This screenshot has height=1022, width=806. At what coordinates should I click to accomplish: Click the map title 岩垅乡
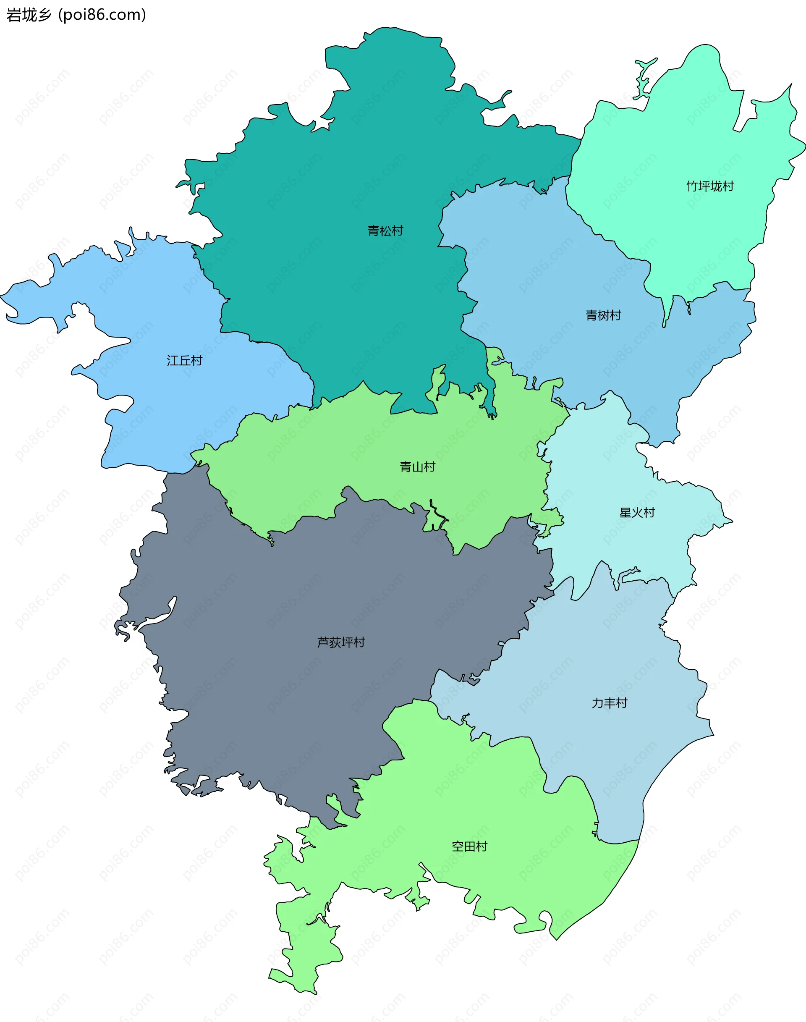(x=28, y=15)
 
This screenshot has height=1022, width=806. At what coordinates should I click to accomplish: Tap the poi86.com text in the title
(x=102, y=15)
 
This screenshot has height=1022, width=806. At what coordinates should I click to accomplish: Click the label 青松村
(x=385, y=231)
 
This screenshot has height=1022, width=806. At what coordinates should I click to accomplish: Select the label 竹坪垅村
(x=710, y=186)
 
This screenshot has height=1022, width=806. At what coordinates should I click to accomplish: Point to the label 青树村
(x=603, y=315)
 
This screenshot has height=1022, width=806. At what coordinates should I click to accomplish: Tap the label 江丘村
(x=185, y=361)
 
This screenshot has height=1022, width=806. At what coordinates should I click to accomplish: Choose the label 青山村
(x=417, y=467)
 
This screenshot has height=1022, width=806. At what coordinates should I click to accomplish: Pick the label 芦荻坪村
(x=341, y=642)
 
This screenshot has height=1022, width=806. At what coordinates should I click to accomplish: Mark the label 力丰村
(x=609, y=703)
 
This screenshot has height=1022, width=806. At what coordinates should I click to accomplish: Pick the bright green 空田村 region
(x=495, y=802)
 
